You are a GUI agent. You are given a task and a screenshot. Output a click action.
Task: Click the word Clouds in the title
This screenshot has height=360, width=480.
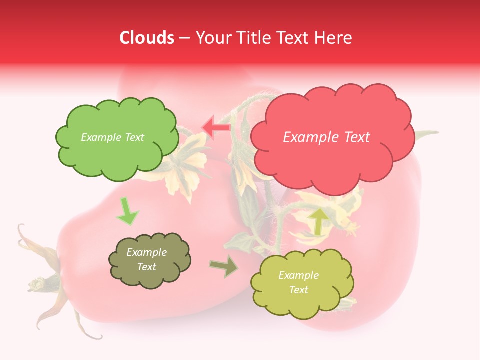147,38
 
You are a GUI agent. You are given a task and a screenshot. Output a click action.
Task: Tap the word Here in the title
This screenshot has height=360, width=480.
333,38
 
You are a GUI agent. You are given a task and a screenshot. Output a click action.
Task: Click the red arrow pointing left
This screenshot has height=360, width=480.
216,127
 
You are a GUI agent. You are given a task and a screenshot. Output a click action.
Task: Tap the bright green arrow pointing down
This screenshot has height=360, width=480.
127,212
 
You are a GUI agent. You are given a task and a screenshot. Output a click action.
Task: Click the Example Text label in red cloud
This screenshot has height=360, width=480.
326,137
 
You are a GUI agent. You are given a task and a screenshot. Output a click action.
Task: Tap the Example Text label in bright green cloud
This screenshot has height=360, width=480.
112,137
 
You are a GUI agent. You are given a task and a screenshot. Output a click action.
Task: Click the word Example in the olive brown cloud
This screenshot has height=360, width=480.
147,252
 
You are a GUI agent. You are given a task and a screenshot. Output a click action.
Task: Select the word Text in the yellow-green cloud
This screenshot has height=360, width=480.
299,290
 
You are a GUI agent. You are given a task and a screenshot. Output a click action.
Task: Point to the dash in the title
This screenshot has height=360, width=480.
185,38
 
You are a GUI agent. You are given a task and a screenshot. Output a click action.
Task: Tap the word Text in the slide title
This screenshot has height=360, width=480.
292,38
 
